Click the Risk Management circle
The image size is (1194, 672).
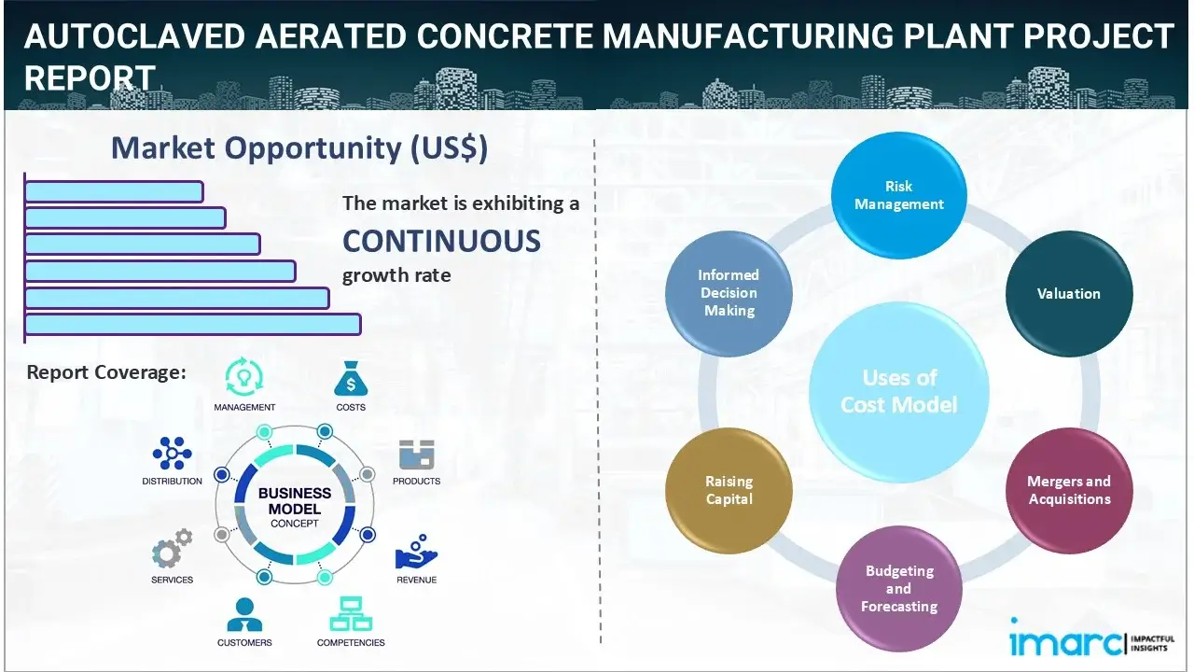click(x=899, y=195)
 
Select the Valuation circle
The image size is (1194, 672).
click(x=1069, y=294)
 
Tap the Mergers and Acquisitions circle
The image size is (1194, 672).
click(x=1069, y=490)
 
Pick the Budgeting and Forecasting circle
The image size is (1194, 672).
click(x=899, y=589)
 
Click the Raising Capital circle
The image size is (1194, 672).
click(x=729, y=490)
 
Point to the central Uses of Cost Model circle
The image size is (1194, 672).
click(x=899, y=391)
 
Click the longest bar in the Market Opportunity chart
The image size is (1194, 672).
click(x=192, y=324)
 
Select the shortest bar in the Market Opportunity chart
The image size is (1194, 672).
click(x=114, y=191)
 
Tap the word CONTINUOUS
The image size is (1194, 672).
click(x=441, y=241)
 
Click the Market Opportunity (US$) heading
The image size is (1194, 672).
click(x=298, y=148)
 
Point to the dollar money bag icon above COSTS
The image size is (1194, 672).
click(x=351, y=379)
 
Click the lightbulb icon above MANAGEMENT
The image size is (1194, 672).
click(x=244, y=377)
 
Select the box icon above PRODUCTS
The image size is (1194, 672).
click(x=416, y=455)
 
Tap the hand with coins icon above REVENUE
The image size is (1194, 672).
click(x=416, y=553)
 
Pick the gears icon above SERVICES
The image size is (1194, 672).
click(x=172, y=553)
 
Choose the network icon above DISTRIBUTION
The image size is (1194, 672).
click(x=172, y=454)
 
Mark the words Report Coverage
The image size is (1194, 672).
click(x=106, y=372)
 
